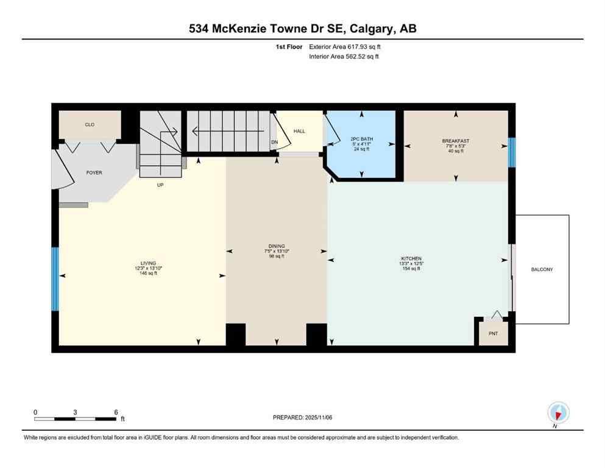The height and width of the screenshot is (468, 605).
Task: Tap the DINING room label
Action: click(x=276, y=246)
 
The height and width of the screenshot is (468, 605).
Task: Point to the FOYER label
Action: click(x=94, y=172)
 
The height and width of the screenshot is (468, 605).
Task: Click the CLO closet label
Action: click(x=90, y=124)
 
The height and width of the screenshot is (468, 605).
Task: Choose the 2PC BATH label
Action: click(x=361, y=139)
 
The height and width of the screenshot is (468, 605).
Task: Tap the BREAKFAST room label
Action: click(x=455, y=141)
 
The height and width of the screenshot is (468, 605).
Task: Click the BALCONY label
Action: click(x=542, y=269)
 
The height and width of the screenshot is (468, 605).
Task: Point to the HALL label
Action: click(x=299, y=131)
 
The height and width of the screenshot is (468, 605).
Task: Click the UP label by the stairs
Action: click(x=161, y=185)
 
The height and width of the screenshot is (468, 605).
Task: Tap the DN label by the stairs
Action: click(x=274, y=143)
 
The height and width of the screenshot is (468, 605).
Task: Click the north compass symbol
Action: click(x=557, y=413)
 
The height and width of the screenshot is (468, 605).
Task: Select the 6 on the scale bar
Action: click(x=116, y=412)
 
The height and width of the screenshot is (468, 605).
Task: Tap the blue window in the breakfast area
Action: click(x=512, y=151)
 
